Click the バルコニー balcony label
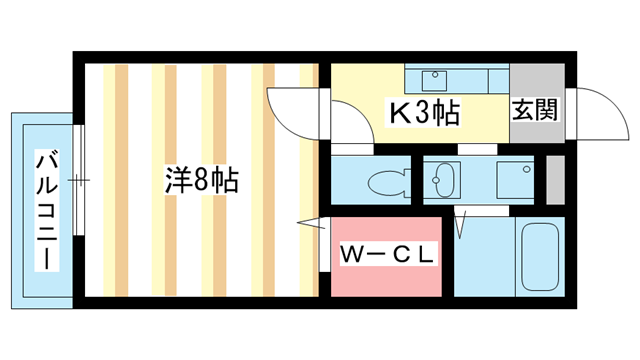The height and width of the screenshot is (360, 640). tap(46, 210)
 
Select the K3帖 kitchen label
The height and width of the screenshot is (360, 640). tap(423, 113)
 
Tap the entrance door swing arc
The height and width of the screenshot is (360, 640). tap(590, 110)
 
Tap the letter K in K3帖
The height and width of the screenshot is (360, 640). tap(398, 113)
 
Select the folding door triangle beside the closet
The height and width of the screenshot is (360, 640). tap(310, 222)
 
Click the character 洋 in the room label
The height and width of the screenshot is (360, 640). tap(177, 182)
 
